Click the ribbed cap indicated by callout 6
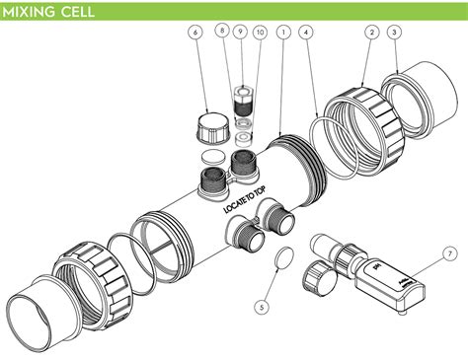point(210,127)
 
